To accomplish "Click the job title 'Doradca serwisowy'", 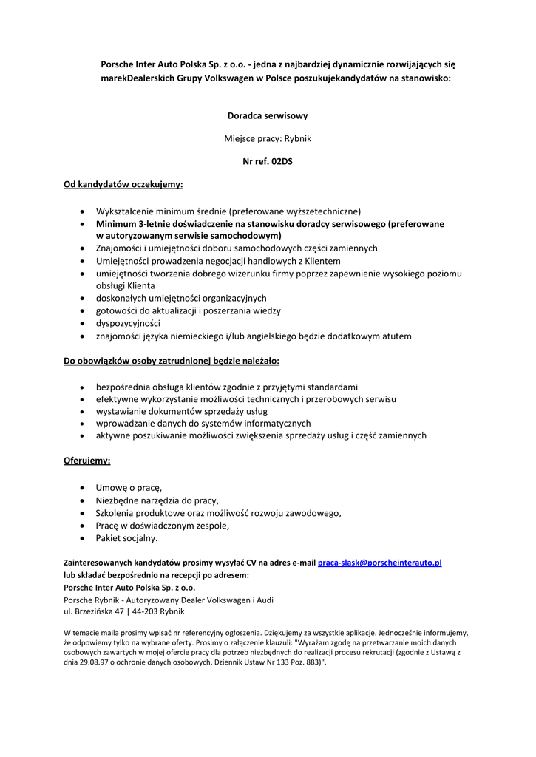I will click(268, 116).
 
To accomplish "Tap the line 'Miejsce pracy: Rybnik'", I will click(268, 138).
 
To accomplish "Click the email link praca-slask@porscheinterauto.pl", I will click(379, 563).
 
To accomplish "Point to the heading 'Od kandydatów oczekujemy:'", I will click(123, 183).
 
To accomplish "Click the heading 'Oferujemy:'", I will click(87, 460).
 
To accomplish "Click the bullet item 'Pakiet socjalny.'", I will click(127, 537).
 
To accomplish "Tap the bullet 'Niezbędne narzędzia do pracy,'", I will click(157, 500).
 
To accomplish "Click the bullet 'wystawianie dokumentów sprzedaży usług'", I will click(182, 410).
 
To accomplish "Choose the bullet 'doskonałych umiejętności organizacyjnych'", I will click(181, 298).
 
